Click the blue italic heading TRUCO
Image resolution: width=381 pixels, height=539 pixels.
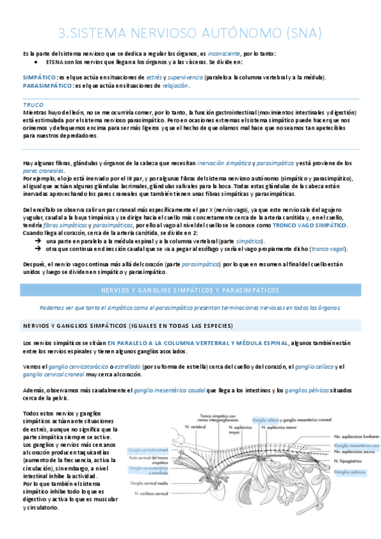click(x=33, y=104)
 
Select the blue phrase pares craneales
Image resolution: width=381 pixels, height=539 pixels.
click(x=43, y=170)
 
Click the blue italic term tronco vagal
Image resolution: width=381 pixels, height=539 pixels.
click(x=329, y=249)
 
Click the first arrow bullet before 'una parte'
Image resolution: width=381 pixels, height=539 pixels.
click(x=39, y=242)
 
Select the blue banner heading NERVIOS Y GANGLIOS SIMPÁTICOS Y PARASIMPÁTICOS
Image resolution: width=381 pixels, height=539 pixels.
click(x=190, y=290)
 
